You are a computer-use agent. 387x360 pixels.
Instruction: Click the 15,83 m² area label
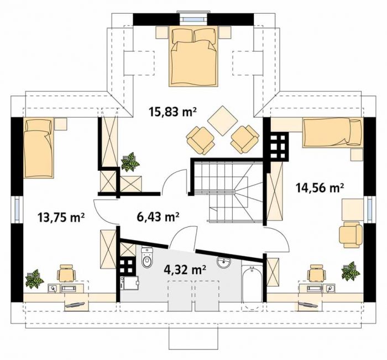click(172, 112)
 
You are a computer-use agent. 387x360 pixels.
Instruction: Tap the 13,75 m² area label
click(61, 218)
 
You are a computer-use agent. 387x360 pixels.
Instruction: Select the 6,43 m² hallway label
click(158, 217)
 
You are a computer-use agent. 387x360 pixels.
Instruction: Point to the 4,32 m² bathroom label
click(185, 269)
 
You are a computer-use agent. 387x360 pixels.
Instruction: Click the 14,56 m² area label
click(320, 188)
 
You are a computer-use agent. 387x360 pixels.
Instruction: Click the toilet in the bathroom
click(148, 258)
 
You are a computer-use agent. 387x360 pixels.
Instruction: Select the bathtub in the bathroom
click(252, 288)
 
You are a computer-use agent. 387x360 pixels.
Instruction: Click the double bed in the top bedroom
click(193, 57)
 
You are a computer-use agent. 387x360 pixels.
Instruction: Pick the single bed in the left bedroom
click(38, 148)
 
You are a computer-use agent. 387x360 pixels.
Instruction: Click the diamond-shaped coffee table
click(222, 120)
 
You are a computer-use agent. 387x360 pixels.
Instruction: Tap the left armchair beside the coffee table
click(200, 140)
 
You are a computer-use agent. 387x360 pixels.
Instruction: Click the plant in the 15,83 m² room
click(130, 162)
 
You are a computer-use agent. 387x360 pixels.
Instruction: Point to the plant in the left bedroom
click(34, 279)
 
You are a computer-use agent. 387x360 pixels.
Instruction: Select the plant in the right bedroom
click(351, 271)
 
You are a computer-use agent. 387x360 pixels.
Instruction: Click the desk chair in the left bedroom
click(66, 273)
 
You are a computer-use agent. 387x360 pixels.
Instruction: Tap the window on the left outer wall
click(17, 210)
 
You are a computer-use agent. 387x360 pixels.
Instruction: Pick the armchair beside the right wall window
click(351, 234)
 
